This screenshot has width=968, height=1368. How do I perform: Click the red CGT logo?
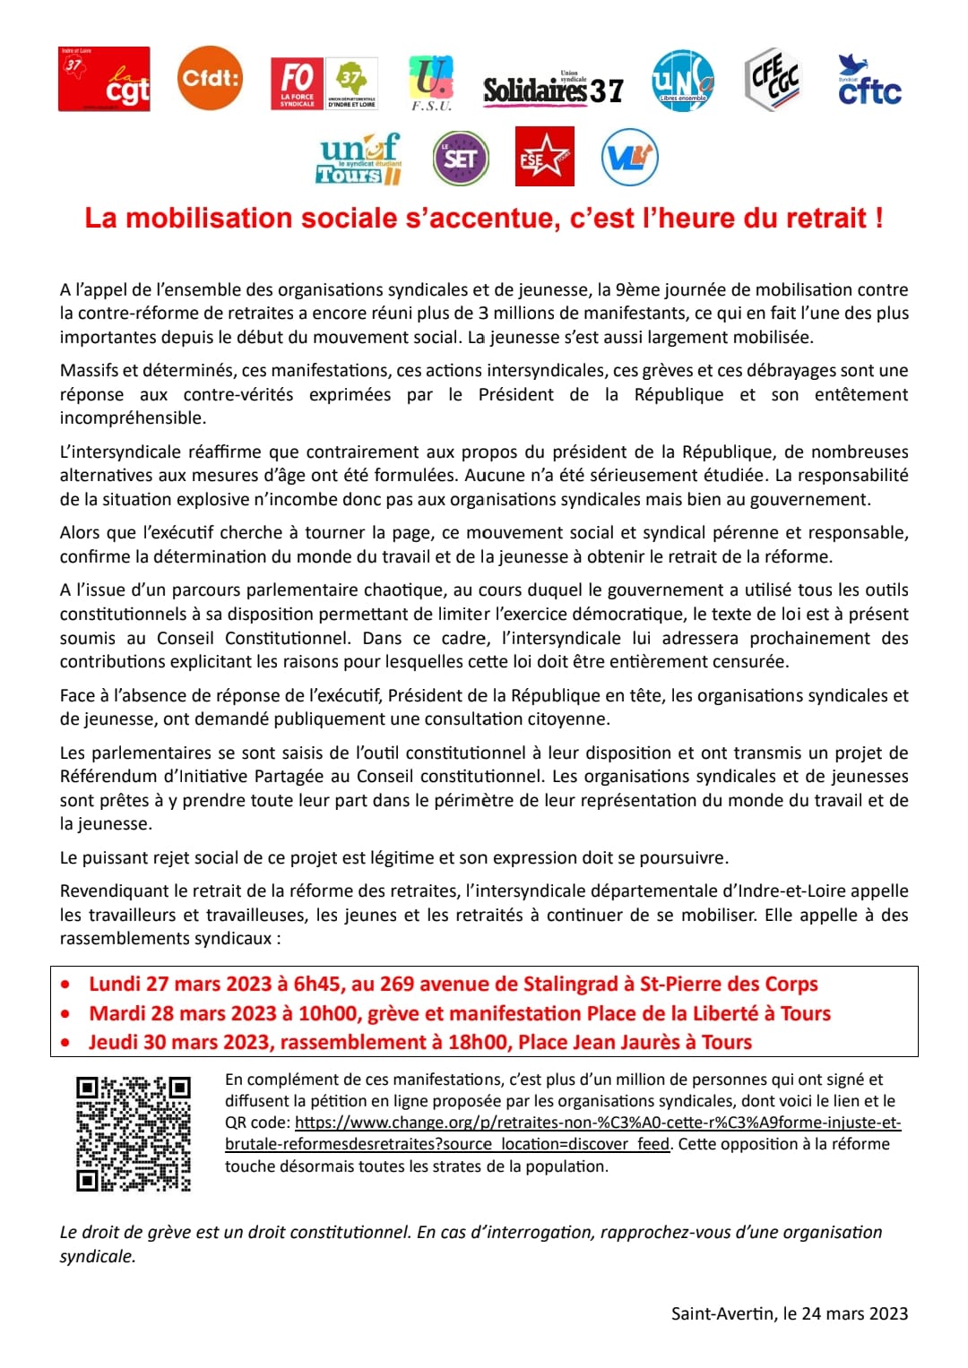pyautogui.click(x=104, y=80)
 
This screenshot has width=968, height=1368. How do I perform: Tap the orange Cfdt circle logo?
pyautogui.click(x=210, y=78)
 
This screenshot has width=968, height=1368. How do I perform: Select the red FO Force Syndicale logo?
pyautogui.click(x=297, y=83)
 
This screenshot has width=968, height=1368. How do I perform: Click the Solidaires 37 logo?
pyautogui.click(x=552, y=89)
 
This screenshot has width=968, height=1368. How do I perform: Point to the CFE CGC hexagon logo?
pyautogui.click(x=773, y=80)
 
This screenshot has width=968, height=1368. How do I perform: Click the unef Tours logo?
pyautogui.click(x=360, y=159)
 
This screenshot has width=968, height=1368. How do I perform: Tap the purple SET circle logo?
pyautogui.click(x=461, y=159)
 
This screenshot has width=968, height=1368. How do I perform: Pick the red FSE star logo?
pyautogui.click(x=544, y=157)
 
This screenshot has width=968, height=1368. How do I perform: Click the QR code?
pyautogui.click(x=133, y=1133)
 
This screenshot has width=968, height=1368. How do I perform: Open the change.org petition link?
pyautogui.click(x=597, y=1123)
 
